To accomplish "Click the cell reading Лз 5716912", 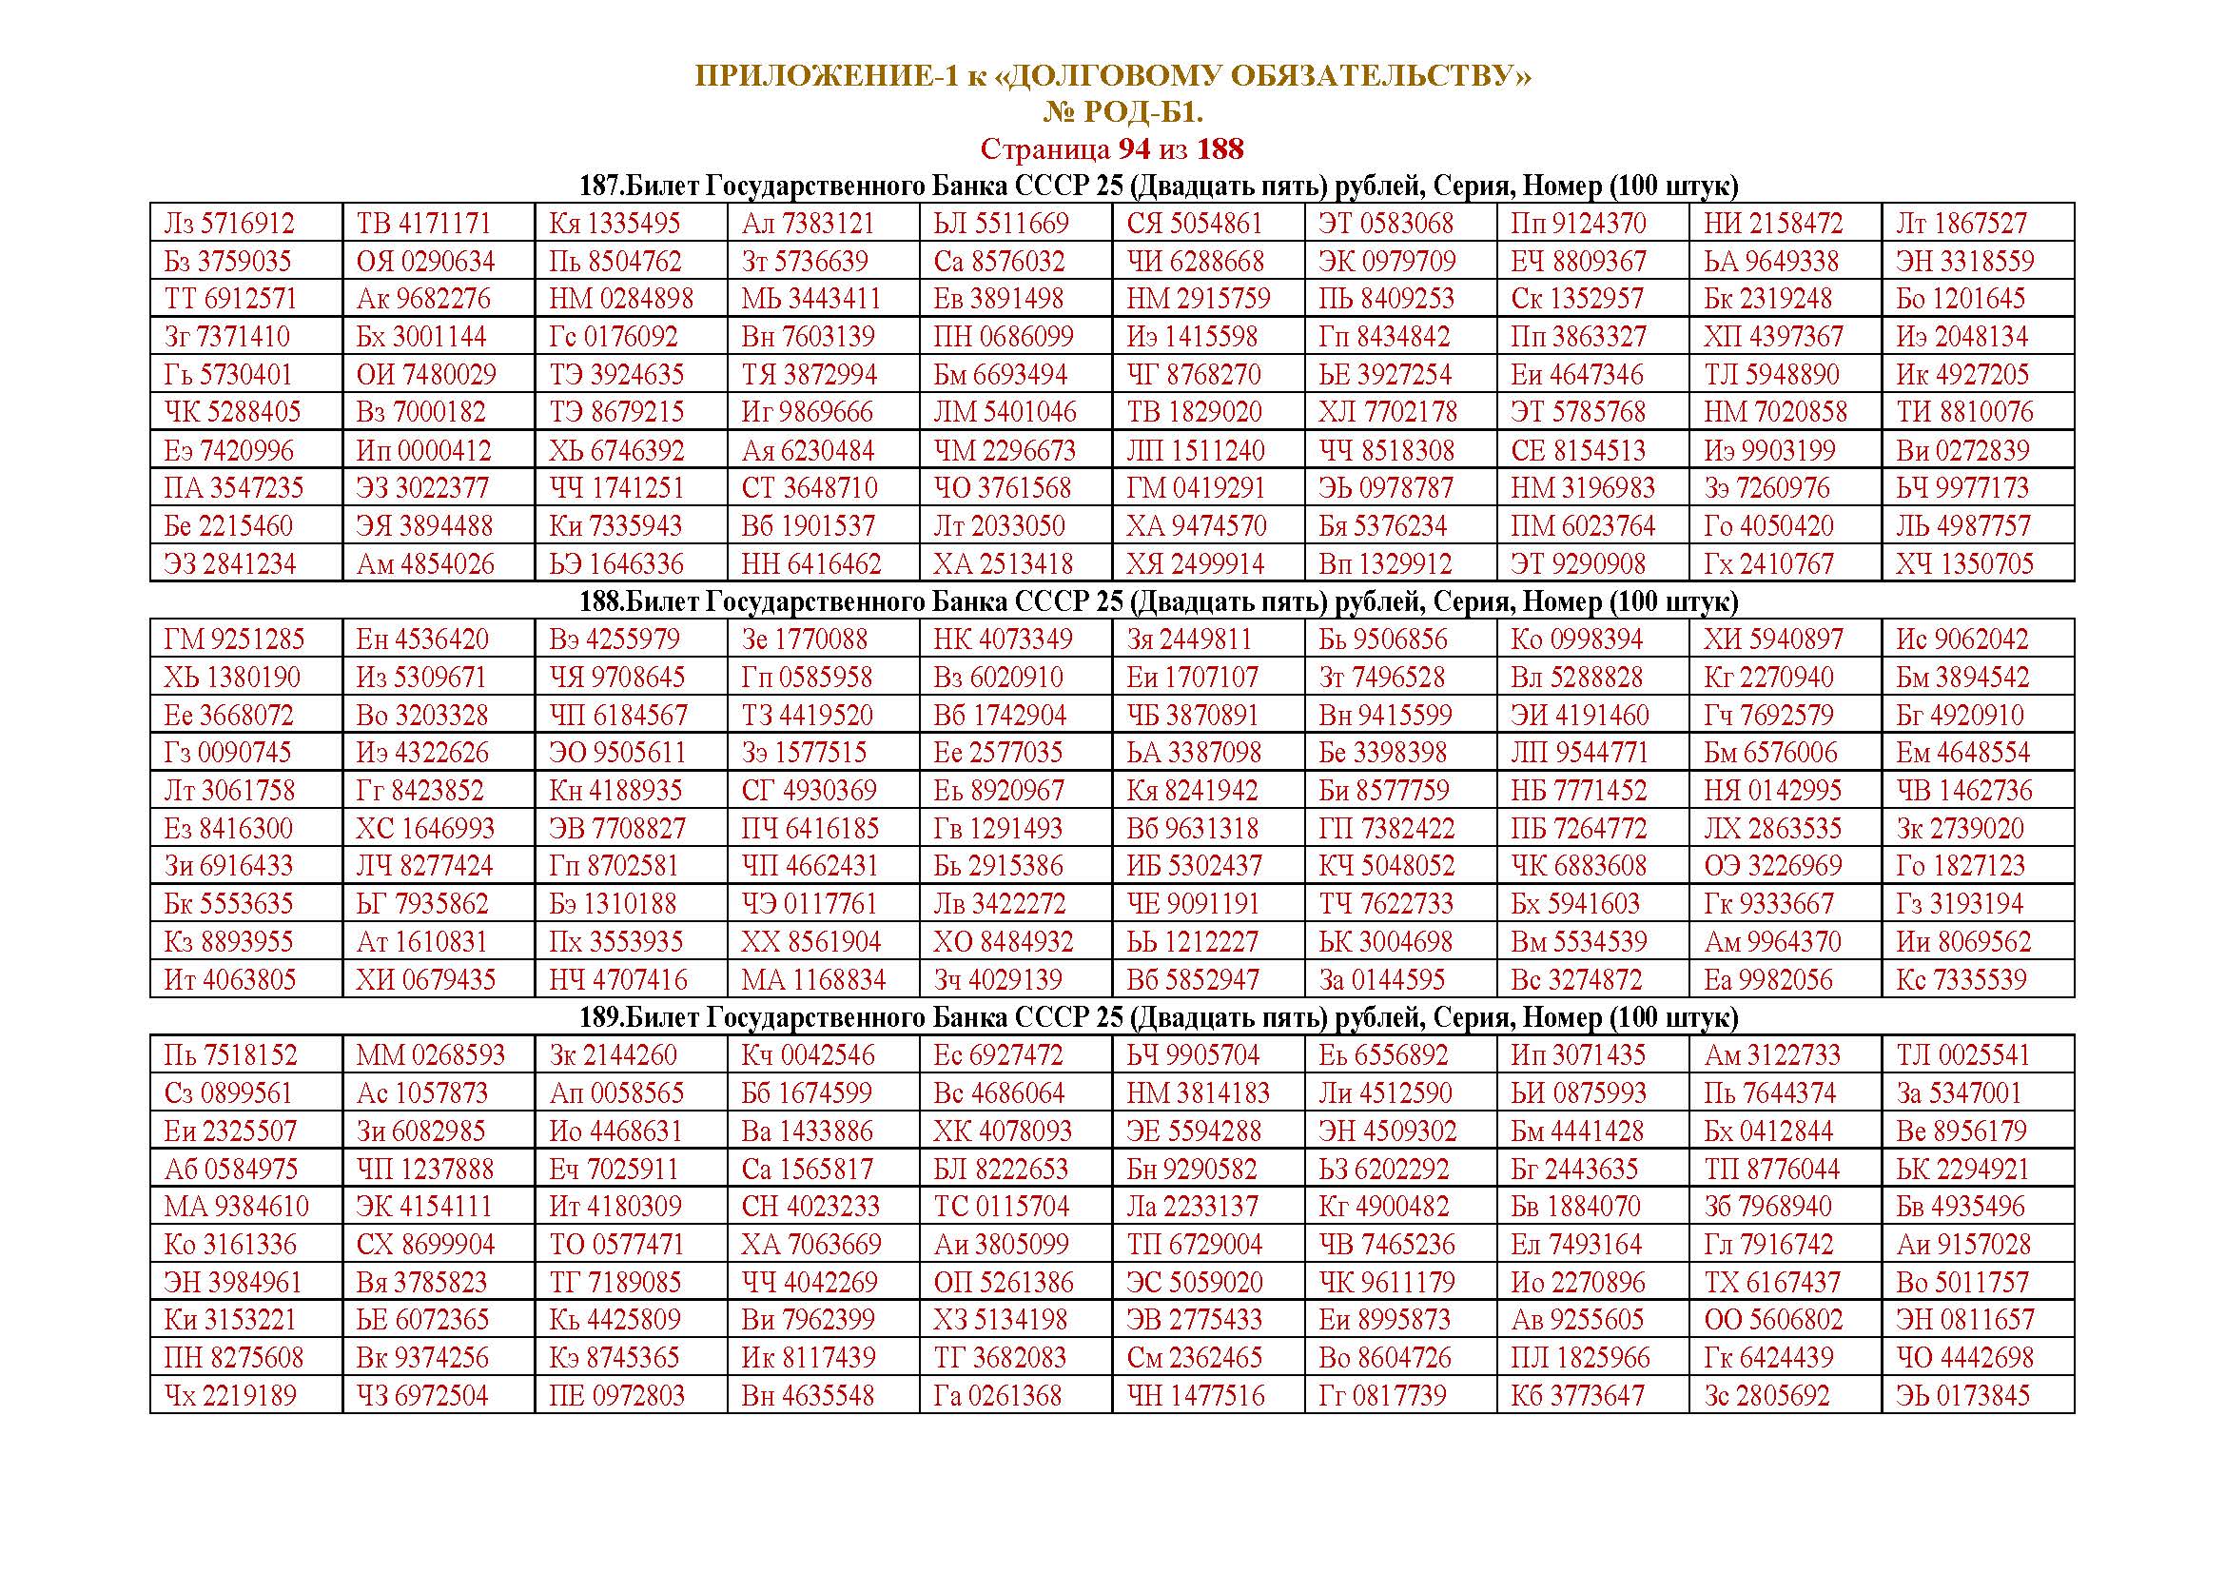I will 228,224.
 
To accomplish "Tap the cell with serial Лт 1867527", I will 1962,224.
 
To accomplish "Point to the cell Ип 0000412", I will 423,451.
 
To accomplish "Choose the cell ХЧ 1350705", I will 1964,564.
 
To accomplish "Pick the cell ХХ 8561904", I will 811,942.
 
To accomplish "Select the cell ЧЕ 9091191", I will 1192,904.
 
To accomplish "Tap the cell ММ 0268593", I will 430,1055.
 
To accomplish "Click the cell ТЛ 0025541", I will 1962,1055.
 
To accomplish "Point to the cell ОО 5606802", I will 1773,1320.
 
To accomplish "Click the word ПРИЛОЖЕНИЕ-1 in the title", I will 826,75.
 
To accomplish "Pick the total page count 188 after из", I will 1220,149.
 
